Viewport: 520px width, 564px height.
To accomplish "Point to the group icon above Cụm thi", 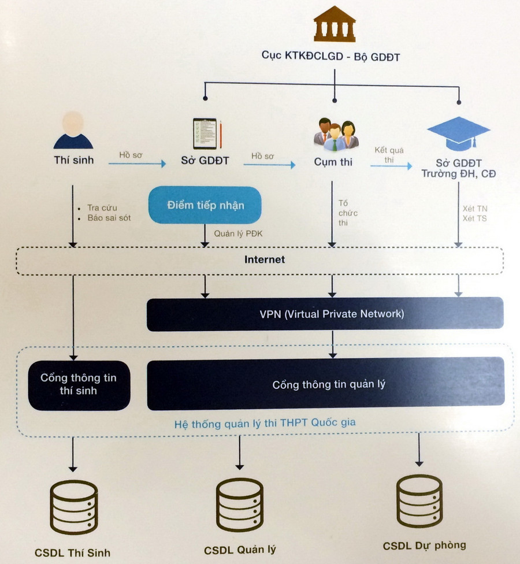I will tap(336, 134).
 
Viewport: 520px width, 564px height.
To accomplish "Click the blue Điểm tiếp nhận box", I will tap(206, 205).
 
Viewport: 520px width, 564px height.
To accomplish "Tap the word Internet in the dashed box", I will tap(265, 259).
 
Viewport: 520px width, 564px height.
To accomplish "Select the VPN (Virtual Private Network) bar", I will tap(325, 314).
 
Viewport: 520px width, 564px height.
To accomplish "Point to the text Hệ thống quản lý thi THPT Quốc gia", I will tap(265, 423).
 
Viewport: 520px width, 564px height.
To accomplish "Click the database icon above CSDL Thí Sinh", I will tap(73, 507).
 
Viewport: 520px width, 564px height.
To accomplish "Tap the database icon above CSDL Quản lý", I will tap(239, 504).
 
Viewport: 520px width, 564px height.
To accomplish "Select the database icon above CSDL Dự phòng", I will tap(419, 501).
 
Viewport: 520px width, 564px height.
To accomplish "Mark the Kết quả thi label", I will tap(389, 154).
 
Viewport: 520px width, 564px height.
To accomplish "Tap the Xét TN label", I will tap(475, 208).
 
